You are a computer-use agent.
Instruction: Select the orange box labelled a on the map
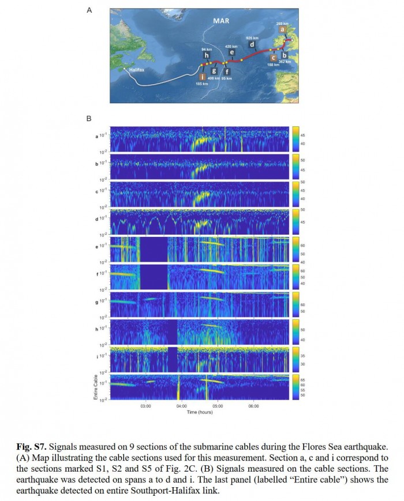pyautogui.click(x=281, y=29)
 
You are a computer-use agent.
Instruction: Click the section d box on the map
pyautogui.click(x=252, y=44)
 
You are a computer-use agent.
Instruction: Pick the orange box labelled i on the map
pyautogui.click(x=201, y=76)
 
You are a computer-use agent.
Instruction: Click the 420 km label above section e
pyautogui.click(x=231, y=45)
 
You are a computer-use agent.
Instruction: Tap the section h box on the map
pyautogui.click(x=206, y=56)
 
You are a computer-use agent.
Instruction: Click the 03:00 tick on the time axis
pyautogui.click(x=145, y=406)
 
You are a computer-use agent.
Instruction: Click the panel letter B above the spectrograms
pyautogui.click(x=88, y=119)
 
